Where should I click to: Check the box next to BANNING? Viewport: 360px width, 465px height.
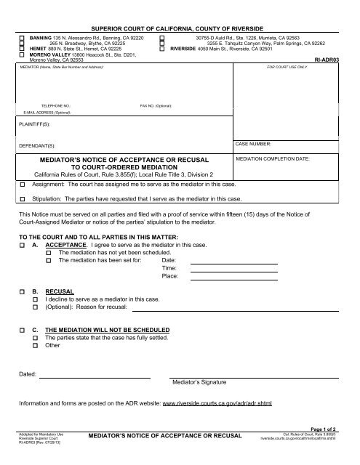pyautogui.click(x=22, y=36)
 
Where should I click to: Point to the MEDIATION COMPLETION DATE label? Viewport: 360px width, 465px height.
pyautogui.click(x=273, y=158)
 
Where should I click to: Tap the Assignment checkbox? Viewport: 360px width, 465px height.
pyautogui.click(x=22, y=186)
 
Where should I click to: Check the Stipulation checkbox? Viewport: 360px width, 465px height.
pyautogui.click(x=22, y=198)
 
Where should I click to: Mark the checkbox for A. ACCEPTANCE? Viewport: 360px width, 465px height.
pyautogui.click(x=22, y=246)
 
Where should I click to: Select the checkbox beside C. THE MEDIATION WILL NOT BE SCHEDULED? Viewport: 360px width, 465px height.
pyautogui.click(x=22, y=330)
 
